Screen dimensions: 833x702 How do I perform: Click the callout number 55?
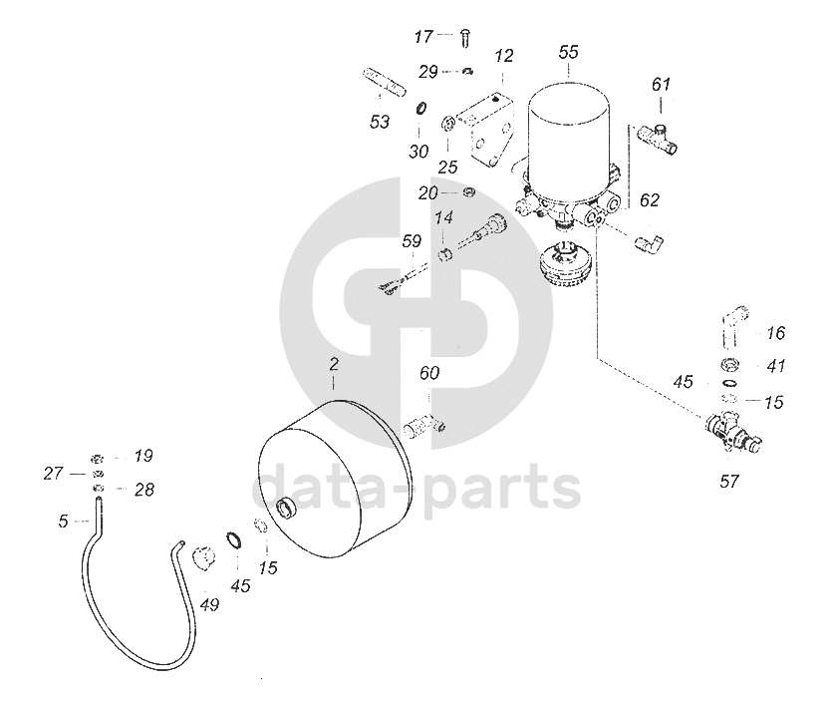click(x=568, y=50)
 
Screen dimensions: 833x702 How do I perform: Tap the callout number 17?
click(x=424, y=37)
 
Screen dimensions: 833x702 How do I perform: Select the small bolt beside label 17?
click(x=464, y=38)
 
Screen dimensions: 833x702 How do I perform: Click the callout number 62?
click(x=650, y=200)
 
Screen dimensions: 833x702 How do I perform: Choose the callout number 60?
click(x=429, y=375)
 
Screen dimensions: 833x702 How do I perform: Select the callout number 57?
click(x=729, y=481)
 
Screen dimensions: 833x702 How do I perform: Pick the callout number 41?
click(x=777, y=366)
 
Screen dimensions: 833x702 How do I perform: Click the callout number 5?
click(x=63, y=520)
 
